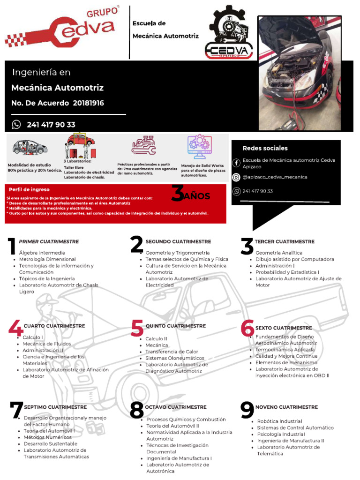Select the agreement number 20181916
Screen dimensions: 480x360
pos(88,103)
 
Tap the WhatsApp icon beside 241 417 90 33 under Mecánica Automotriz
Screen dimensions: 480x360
pos(16,124)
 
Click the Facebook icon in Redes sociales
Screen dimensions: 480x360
pos(236,163)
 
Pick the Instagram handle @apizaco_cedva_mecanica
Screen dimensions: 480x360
pos(275,177)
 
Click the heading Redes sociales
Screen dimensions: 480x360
pos(265,148)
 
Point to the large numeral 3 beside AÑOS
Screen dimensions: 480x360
pos(177,194)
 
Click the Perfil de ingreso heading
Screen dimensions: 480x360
pos(29,189)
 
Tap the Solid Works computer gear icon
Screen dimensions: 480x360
pos(200,147)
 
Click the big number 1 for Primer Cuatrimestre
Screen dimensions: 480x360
pos(12,247)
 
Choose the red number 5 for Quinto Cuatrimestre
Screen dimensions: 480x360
pos(137,329)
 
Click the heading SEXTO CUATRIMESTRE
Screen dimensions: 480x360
pos(283,328)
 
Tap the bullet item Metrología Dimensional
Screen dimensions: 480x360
pos(47,259)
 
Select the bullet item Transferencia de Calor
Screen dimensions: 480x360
pos(172,352)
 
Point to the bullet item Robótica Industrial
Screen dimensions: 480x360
pos(279,421)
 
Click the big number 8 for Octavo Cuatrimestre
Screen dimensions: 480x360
pos(137,411)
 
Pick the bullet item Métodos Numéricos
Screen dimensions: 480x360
pos(47,437)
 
